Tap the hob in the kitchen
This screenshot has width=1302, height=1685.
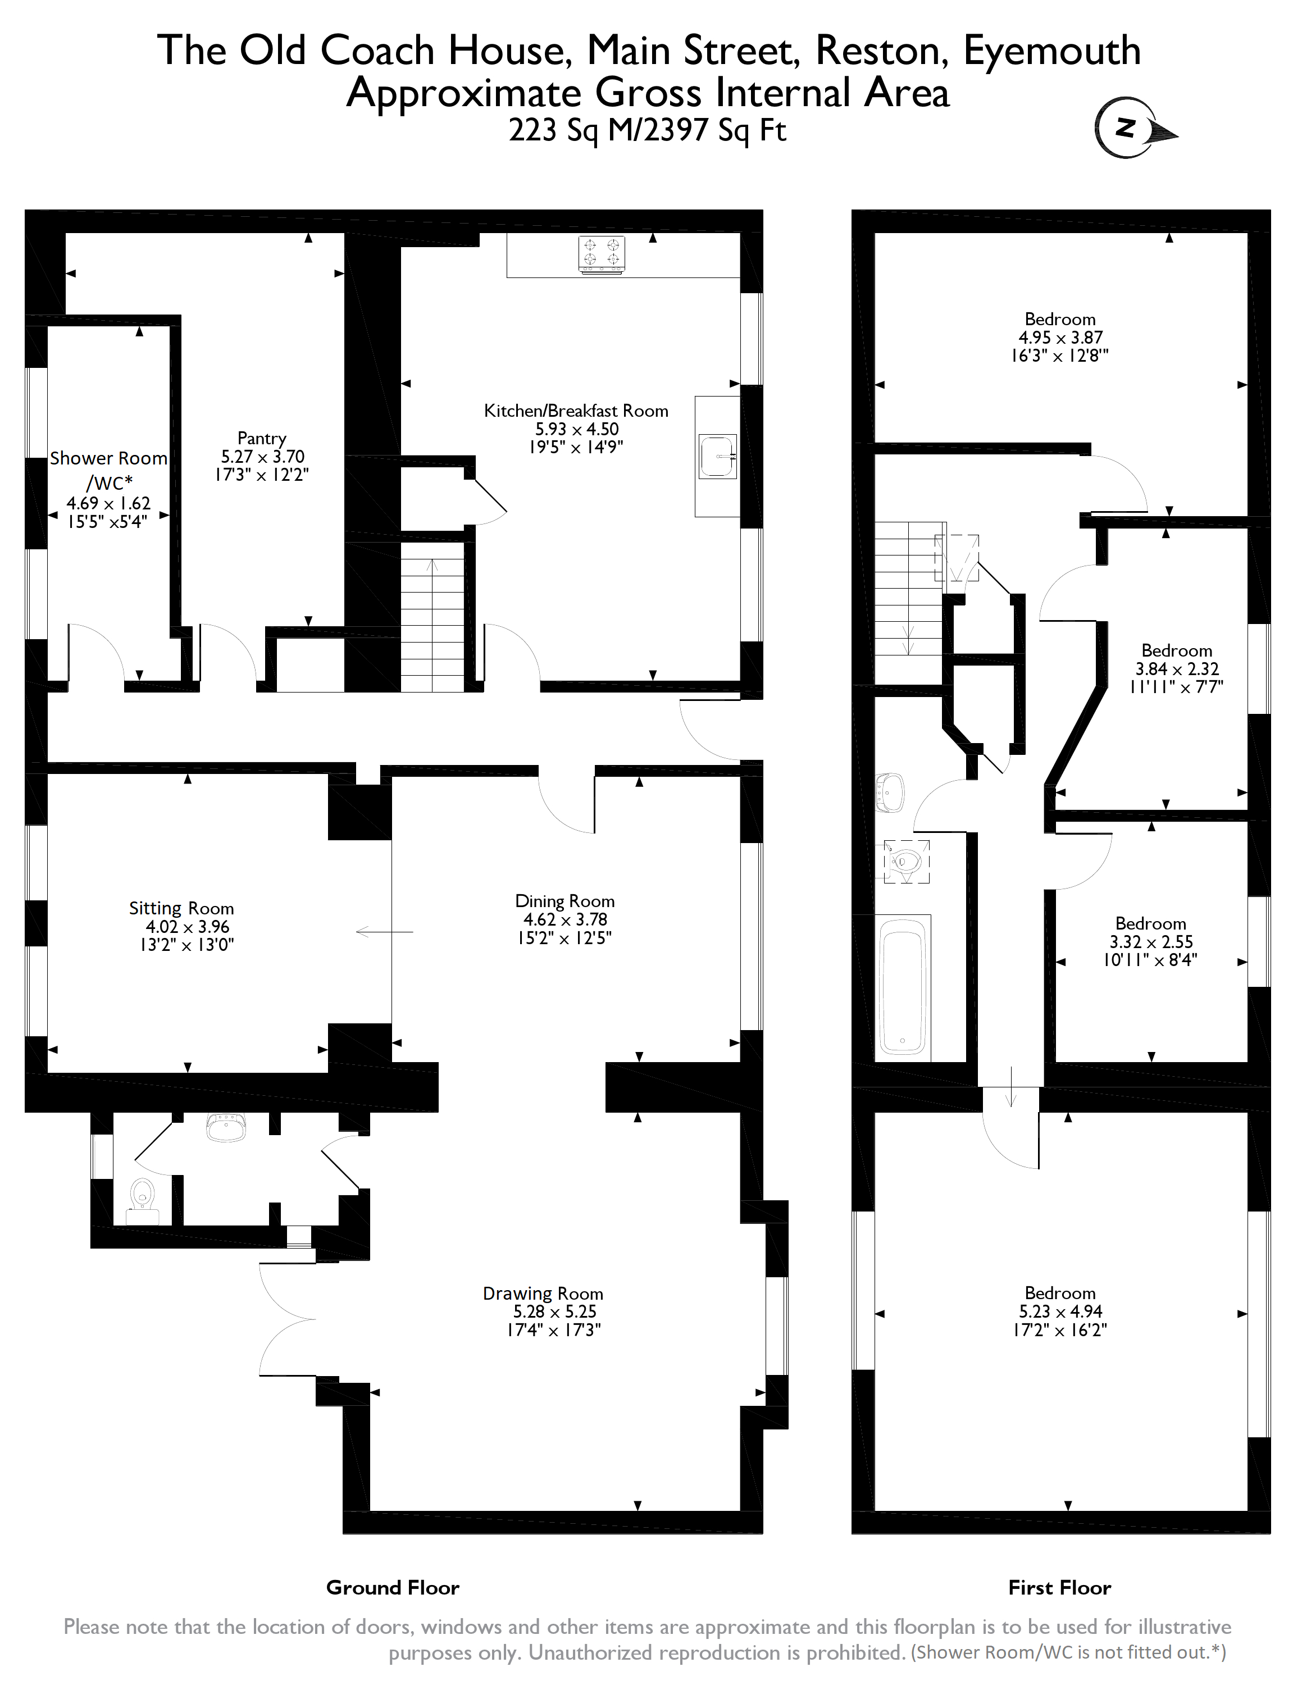coord(601,254)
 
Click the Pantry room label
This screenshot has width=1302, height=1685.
coord(262,438)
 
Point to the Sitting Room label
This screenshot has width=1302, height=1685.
coord(181,908)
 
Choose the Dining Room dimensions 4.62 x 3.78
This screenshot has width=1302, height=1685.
coord(564,919)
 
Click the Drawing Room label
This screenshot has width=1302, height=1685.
coord(543,1293)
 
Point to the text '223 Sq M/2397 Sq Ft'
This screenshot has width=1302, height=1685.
coord(647,130)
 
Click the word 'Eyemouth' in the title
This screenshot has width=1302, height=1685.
coord(1052,51)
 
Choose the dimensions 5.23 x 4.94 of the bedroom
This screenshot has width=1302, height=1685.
coord(1060,1311)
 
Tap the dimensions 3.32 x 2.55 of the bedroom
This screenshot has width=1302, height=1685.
coord(1151,942)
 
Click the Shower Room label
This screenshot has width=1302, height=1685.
coord(108,458)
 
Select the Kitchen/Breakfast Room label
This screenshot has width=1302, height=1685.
coord(575,411)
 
